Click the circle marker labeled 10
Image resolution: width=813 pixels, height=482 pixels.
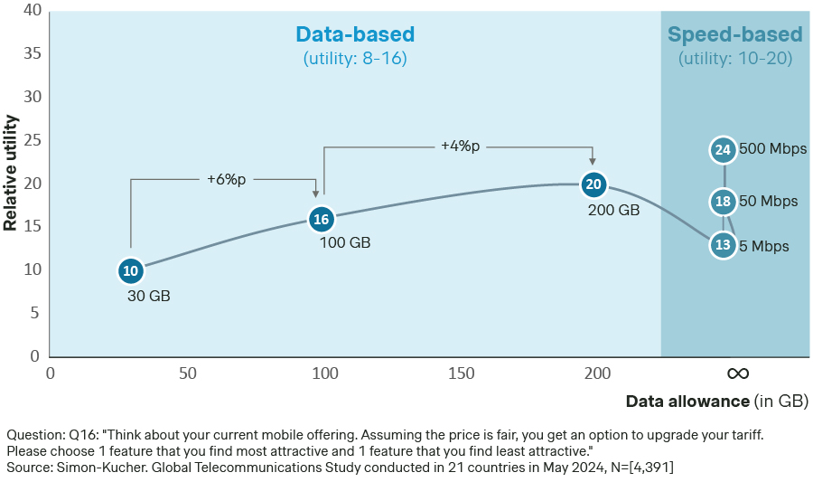[x=131, y=270]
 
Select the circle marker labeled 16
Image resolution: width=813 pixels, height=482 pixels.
[x=321, y=219]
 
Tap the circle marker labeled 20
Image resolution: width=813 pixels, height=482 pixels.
[x=593, y=184]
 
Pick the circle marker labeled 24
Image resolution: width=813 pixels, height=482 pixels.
[x=723, y=150]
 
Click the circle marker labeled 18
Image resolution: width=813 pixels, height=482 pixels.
[x=723, y=202]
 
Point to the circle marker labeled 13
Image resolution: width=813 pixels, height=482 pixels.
[x=723, y=244]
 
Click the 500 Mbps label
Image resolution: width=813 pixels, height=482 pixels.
[x=772, y=149]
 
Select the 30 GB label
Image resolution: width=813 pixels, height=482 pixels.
[x=148, y=296]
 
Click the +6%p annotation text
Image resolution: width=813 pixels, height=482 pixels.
[x=226, y=179]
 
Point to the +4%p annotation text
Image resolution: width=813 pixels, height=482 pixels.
[x=460, y=144]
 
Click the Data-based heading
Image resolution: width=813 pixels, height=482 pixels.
[x=355, y=35]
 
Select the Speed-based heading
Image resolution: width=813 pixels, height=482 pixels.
[x=734, y=35]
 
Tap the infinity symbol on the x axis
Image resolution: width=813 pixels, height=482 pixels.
[x=737, y=373]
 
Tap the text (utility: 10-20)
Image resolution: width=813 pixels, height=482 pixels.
[x=734, y=59]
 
